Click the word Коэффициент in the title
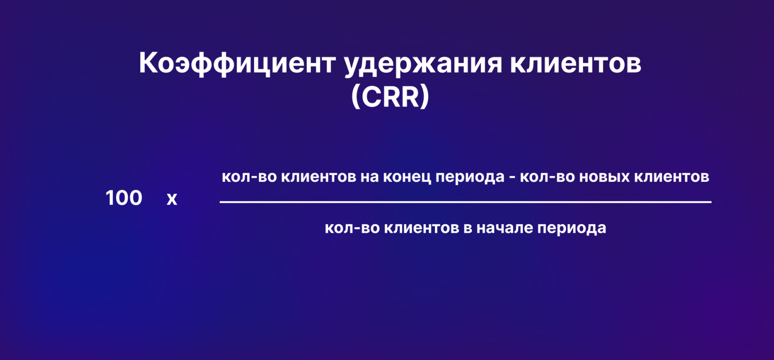click(237, 64)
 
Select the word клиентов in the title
click(576, 63)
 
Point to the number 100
click(124, 198)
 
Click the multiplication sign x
click(172, 199)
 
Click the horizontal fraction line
click(465, 202)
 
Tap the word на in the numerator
click(370, 177)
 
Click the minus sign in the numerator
click(512, 178)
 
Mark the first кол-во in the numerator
click(249, 177)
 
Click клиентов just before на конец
click(319, 177)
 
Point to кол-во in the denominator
click(352, 228)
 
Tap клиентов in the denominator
click(421, 228)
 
